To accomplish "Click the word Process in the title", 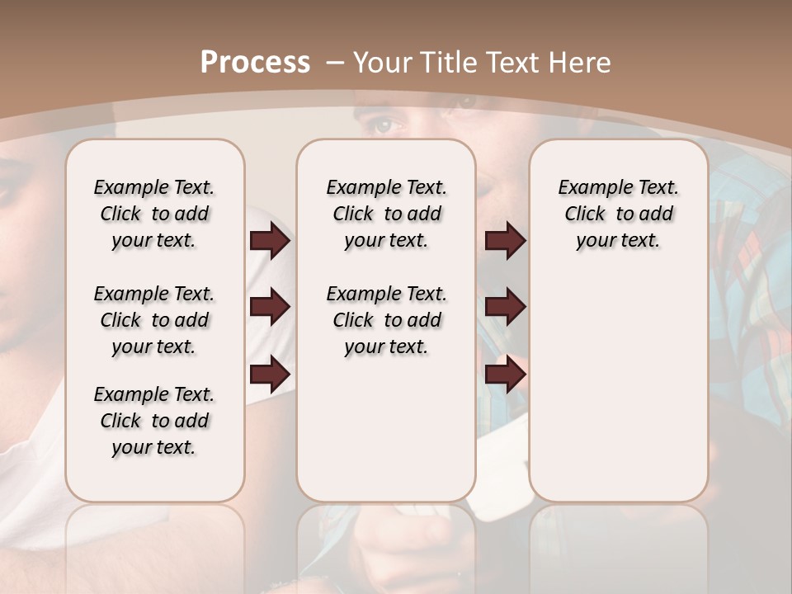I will coord(255,63).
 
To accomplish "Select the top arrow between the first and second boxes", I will coord(270,241).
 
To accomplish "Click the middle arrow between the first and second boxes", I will coord(270,307).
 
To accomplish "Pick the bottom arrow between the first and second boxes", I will coord(270,375).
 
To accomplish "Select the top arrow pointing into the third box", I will coord(505,241).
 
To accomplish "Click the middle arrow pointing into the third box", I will coord(505,307).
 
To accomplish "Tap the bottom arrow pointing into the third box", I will coord(505,375).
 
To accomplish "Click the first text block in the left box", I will coord(153,214).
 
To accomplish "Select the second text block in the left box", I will coord(153,320).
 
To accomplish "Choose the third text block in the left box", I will coord(153,421).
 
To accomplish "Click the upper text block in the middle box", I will coord(386,214).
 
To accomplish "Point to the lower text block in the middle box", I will coord(386,320).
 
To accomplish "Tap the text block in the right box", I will coord(618,214).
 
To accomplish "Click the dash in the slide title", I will coord(335,63).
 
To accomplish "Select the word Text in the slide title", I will coord(512,63).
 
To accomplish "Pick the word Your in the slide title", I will coord(382,63).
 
